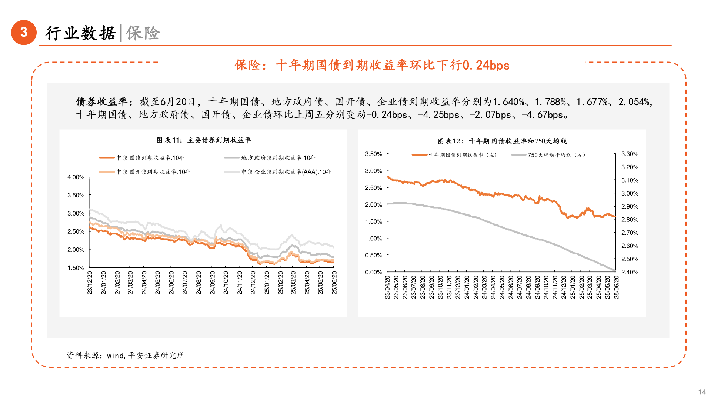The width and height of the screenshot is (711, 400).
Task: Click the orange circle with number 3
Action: point(24,32)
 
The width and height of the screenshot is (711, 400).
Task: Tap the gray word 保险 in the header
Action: point(143,33)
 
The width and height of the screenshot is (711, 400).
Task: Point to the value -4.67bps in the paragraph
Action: point(542,115)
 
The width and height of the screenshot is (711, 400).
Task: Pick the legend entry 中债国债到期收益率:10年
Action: point(150,158)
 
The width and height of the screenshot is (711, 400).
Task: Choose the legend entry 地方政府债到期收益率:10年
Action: point(278,158)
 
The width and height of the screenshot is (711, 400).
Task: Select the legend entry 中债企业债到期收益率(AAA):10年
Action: point(286,172)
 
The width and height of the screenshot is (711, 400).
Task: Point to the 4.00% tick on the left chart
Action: point(76,177)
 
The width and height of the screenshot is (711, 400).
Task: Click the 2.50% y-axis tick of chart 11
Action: point(76,231)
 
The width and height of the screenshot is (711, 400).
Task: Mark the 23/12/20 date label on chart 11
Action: point(90,283)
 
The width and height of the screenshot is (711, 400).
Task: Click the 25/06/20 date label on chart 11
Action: point(334,283)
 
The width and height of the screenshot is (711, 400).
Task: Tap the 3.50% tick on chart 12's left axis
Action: point(374,154)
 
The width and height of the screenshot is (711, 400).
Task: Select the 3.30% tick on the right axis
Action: point(630,154)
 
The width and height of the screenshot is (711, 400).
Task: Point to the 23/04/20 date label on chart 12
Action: point(387,287)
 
